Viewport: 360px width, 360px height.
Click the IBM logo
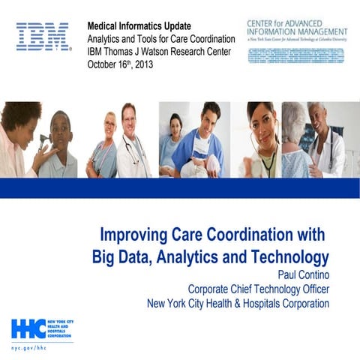[x=43, y=36]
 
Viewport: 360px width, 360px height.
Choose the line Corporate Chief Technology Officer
[x=258, y=289]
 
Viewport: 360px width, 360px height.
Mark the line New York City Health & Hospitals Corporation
[x=238, y=304]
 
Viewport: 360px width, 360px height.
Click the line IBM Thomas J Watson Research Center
[x=160, y=51]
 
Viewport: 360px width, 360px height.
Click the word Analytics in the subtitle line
[x=109, y=38]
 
